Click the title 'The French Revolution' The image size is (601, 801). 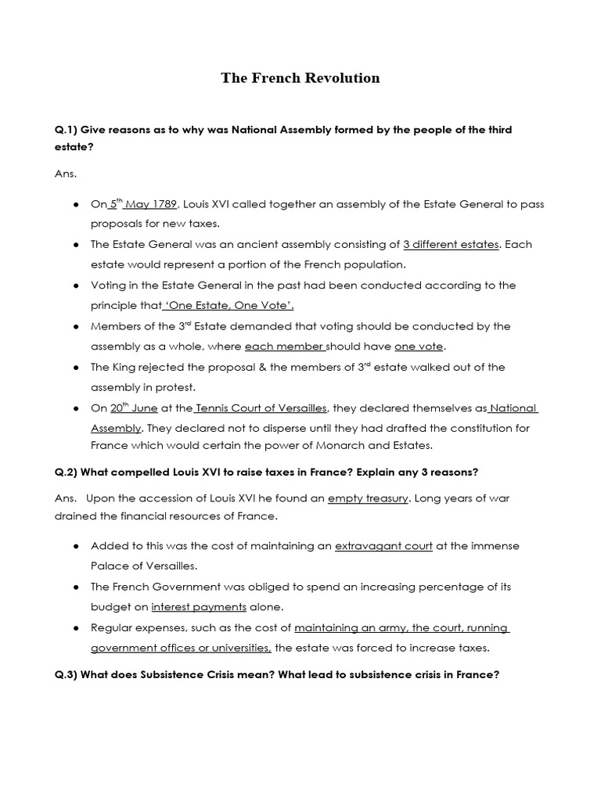[300, 77]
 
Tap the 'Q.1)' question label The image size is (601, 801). [65, 129]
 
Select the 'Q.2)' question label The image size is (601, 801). [65, 472]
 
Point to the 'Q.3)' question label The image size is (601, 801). [65, 674]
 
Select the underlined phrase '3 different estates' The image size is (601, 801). [450, 245]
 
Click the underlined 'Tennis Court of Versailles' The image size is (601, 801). [261, 408]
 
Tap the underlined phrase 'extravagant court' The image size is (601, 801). [383, 546]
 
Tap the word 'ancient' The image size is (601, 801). [229, 245]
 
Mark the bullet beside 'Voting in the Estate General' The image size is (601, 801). [76, 286]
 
